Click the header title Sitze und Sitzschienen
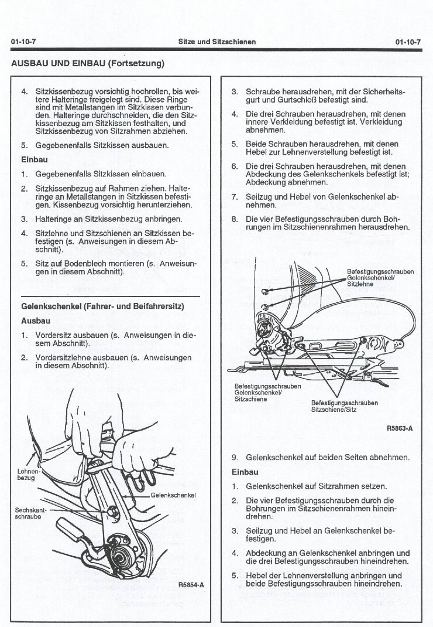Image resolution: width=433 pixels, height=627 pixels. tap(217, 42)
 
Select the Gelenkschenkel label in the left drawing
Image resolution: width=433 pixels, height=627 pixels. tap(173, 495)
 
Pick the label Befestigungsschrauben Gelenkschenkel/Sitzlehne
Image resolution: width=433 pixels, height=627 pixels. tap(380, 278)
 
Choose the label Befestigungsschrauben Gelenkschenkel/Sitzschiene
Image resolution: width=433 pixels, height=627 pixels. tap(267, 393)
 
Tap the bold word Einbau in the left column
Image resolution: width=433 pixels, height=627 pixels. tap(35, 159)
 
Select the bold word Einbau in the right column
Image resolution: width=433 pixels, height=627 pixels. tap(245, 472)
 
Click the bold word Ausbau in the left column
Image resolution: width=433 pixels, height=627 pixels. tap(36, 321)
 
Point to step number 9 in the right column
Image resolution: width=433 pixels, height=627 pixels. tap(234, 457)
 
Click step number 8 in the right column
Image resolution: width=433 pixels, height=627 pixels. tap(234, 220)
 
